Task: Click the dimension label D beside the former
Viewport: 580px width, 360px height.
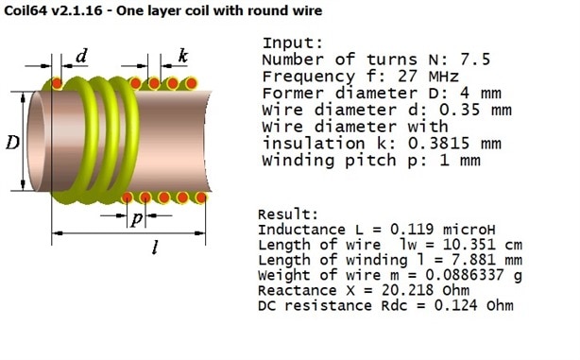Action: point(12,143)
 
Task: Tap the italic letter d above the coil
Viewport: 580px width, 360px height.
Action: point(82,56)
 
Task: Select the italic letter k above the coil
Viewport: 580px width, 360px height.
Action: point(183,56)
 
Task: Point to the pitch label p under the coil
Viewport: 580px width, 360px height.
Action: point(136,218)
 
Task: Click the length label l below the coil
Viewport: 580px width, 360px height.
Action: point(155,247)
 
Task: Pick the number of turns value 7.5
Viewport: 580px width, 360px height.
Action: point(475,60)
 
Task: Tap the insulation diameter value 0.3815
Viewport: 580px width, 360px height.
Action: point(438,144)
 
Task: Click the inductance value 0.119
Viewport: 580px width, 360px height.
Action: point(412,230)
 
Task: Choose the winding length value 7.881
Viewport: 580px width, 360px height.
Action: point(473,260)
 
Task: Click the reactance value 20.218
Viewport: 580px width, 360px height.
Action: point(407,290)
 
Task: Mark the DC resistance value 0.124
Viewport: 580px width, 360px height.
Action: point(455,305)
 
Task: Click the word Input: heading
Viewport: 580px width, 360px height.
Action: point(293,43)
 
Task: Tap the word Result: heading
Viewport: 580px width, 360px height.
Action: point(288,214)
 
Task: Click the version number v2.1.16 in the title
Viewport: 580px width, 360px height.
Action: point(77,10)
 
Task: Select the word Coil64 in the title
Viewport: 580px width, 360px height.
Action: point(26,10)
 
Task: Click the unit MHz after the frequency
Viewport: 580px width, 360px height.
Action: point(444,77)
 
